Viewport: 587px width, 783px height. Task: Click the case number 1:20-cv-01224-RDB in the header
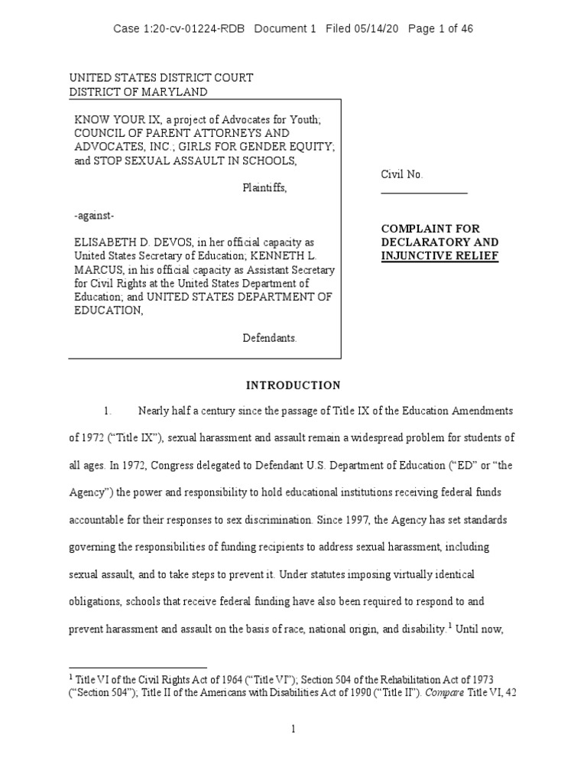(193, 29)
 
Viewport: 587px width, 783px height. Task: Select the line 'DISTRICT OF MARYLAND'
(138, 92)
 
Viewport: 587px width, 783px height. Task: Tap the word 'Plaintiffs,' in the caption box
(265, 188)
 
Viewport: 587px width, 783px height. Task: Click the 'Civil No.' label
(402, 174)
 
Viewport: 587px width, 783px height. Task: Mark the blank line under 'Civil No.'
(424, 193)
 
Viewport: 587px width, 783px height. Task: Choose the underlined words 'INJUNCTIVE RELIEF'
(439, 255)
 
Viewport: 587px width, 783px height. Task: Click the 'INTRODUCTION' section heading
(293, 385)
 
